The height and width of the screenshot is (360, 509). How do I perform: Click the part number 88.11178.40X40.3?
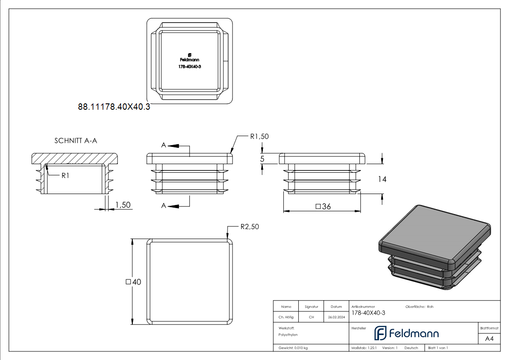coord(114,107)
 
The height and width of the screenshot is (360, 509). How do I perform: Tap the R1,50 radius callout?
coord(260,136)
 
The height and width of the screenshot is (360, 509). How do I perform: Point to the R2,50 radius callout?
coord(249,227)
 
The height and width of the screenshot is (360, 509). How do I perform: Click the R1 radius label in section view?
coord(65,175)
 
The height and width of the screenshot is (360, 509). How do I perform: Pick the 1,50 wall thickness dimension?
coord(123,205)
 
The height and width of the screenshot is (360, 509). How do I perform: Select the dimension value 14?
coord(382,179)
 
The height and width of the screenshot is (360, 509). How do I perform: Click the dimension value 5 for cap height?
coord(262,159)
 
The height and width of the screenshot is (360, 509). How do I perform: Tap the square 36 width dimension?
coord(322,206)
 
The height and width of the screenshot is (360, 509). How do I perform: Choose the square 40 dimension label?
coord(133,282)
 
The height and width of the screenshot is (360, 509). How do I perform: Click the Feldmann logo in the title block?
coord(406,333)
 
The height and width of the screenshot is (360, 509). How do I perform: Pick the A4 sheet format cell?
coord(489,339)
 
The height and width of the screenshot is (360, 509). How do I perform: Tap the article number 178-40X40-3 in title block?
coord(368,313)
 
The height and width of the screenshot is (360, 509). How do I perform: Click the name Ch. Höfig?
coord(286,317)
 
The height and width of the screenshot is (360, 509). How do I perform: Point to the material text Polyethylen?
coord(288,335)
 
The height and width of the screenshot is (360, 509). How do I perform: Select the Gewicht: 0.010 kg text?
coord(293,348)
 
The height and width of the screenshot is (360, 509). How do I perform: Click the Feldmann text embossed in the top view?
coord(189,60)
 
